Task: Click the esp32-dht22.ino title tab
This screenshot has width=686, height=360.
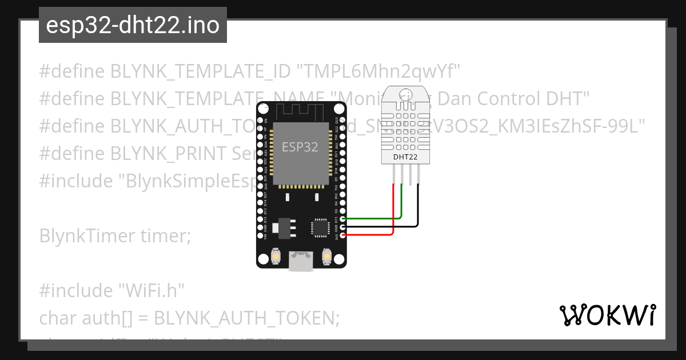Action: coord(133,25)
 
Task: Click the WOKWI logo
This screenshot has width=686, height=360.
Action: coord(608,315)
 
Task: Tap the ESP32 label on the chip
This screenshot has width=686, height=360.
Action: coord(300,147)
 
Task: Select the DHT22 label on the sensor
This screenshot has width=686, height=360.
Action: coord(405,157)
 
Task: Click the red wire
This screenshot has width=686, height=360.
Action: coord(393,211)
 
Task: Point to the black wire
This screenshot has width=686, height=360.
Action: coord(418,211)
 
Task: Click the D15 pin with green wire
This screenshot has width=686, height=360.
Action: coord(342,219)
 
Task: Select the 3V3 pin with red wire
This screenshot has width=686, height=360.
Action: coord(342,234)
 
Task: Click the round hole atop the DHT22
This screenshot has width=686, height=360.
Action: coord(406,94)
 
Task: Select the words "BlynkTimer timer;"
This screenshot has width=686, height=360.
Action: coord(115,235)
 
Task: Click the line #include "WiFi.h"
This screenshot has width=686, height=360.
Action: coord(112,290)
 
